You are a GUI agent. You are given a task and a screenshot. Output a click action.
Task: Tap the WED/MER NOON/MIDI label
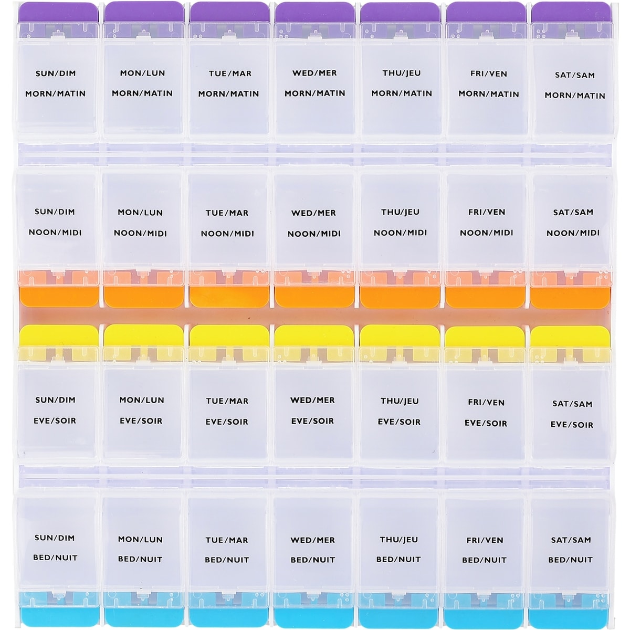coord(313,223)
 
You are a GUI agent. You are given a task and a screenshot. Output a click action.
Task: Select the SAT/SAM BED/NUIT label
coord(571,550)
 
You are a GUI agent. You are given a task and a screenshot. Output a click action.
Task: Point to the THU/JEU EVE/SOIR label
coord(400,411)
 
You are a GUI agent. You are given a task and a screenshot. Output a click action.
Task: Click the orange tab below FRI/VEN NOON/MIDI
coord(485,296)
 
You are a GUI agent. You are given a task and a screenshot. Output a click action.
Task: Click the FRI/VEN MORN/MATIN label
coord(488,84)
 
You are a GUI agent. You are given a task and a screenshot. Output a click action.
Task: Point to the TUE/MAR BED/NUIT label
coord(227,550)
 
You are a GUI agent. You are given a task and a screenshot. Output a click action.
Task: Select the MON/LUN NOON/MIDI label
coord(141,223)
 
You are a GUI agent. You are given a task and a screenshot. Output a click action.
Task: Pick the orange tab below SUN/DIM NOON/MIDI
coord(59,296)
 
